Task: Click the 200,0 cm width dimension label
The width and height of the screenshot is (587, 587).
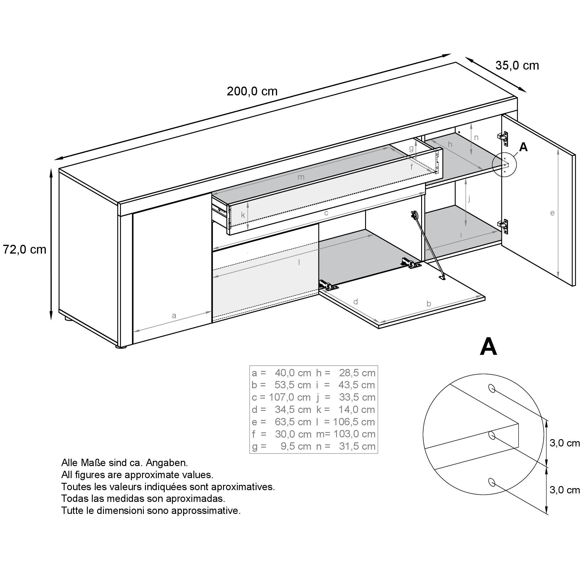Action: [252, 91]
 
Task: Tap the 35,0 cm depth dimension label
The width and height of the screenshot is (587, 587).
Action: [517, 65]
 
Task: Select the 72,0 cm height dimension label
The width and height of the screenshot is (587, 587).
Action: [25, 249]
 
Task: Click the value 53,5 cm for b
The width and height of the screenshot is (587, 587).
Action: [293, 385]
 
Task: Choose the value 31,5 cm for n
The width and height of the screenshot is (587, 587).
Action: [357, 446]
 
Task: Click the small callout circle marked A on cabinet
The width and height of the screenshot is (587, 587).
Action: [504, 164]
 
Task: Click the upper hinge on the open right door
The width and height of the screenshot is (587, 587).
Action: [503, 136]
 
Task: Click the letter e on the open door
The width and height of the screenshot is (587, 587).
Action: [552, 213]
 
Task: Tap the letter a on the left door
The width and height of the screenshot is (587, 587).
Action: [174, 316]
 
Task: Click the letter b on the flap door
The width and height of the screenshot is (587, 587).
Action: [429, 303]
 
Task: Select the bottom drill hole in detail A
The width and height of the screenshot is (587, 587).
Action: [491, 482]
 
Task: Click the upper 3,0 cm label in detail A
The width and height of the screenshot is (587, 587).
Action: [564, 443]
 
